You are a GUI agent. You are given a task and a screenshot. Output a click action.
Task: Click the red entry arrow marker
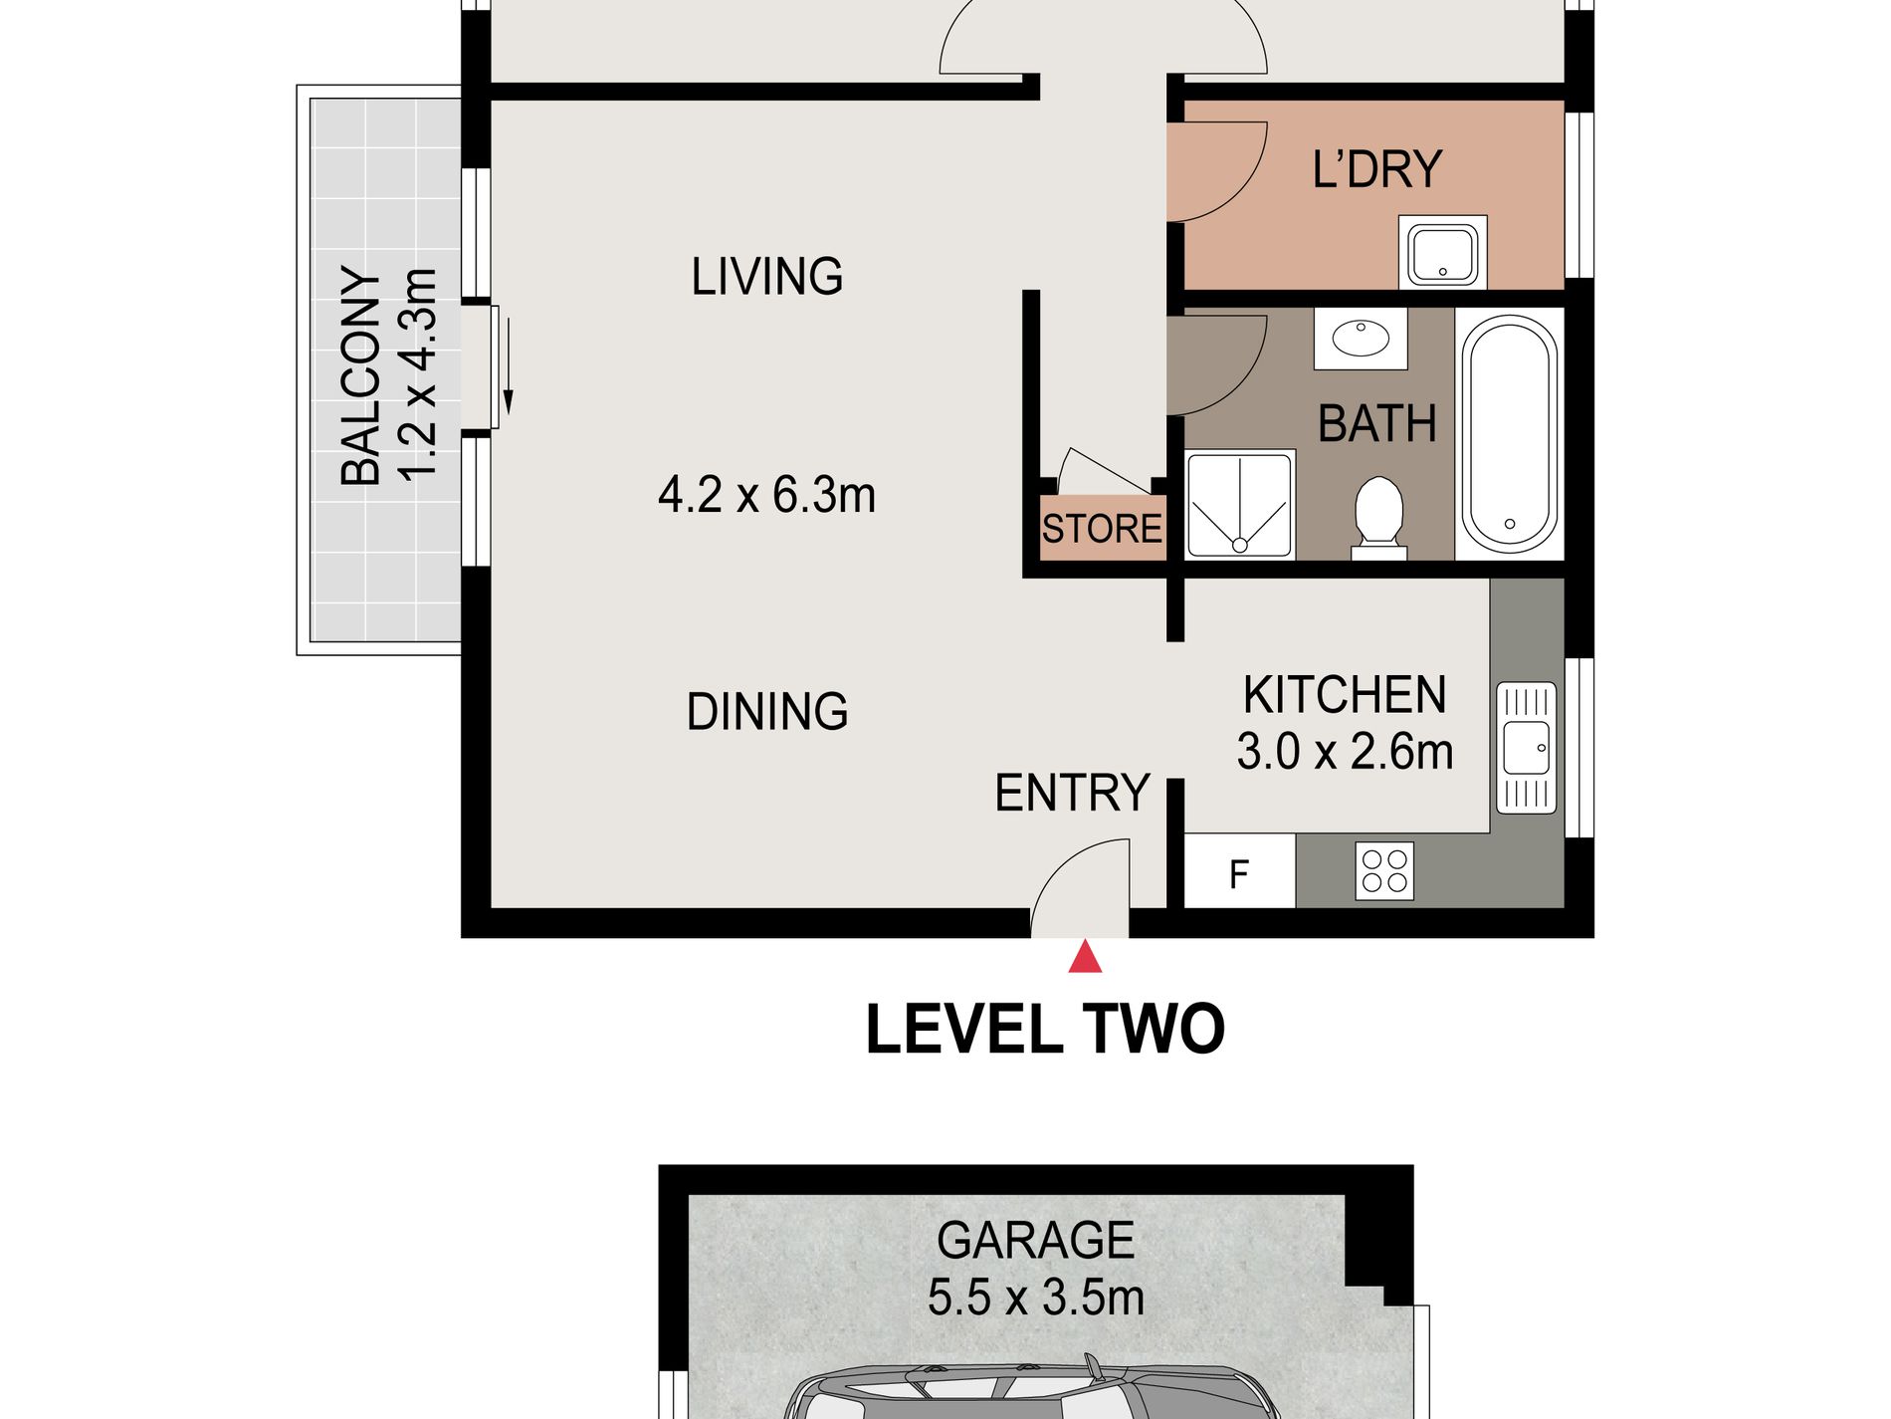click(1085, 958)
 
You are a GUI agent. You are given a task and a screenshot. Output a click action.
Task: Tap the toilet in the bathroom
click(1379, 518)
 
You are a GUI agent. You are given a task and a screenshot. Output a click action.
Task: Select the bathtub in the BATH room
click(1509, 434)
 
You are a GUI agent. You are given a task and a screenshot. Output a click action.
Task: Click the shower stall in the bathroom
click(1240, 505)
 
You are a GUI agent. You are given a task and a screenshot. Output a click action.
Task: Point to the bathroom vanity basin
click(1361, 339)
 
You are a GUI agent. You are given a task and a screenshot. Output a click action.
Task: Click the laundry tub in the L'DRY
click(1442, 253)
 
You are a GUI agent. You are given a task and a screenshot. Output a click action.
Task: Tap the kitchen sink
click(1526, 748)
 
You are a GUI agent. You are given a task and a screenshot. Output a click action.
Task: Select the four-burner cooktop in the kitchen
click(1384, 871)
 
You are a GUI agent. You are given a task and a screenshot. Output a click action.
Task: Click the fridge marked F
click(1240, 871)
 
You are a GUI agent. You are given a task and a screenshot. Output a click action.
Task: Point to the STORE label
click(1102, 529)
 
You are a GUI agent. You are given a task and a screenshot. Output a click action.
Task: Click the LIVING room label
click(767, 277)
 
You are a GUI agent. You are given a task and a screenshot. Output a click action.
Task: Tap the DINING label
click(767, 712)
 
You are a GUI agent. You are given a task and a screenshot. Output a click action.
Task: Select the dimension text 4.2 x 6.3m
click(767, 495)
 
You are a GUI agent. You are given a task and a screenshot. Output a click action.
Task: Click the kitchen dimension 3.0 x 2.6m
click(1345, 752)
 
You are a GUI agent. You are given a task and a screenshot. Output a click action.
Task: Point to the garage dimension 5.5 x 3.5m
click(1036, 1298)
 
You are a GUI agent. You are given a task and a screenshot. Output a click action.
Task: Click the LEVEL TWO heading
click(1045, 1029)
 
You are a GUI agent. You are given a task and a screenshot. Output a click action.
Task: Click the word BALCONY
click(361, 375)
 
